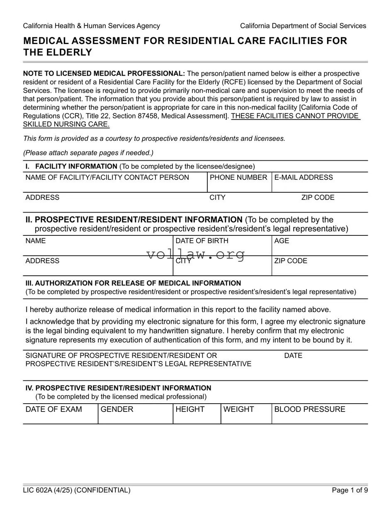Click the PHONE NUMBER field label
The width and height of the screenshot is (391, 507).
pyautogui.click(x=238, y=177)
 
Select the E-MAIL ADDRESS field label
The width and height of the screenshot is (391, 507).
pyautogui.click(x=304, y=177)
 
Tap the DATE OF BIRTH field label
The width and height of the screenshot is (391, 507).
pyautogui.click(x=202, y=241)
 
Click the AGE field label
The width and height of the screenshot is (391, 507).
pyautogui.click(x=282, y=241)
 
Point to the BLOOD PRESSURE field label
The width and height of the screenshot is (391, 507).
pyautogui.click(x=310, y=409)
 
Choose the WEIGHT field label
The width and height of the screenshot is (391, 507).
pyautogui.click(x=238, y=409)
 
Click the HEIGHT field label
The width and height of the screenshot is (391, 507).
pyautogui.click(x=190, y=409)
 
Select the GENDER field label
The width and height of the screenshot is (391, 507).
pyautogui.click(x=117, y=409)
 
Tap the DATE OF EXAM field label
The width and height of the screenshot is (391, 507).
pyautogui.click(x=53, y=409)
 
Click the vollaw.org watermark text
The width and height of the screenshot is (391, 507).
pyautogui.click(x=196, y=254)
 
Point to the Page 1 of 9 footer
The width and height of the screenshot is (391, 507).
pyautogui.click(x=350, y=490)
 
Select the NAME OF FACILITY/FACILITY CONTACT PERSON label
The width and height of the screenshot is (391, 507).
pyautogui.click(x=107, y=177)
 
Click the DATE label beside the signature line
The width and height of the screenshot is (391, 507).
pyautogui.click(x=293, y=355)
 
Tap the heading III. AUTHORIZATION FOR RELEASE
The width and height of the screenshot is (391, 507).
pyautogui.click(x=133, y=283)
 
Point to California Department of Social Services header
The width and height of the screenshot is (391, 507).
pyautogui.click(x=303, y=26)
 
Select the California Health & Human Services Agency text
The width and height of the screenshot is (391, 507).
pyautogui.click(x=91, y=26)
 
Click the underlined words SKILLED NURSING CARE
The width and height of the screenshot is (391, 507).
pyautogui.click(x=66, y=124)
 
